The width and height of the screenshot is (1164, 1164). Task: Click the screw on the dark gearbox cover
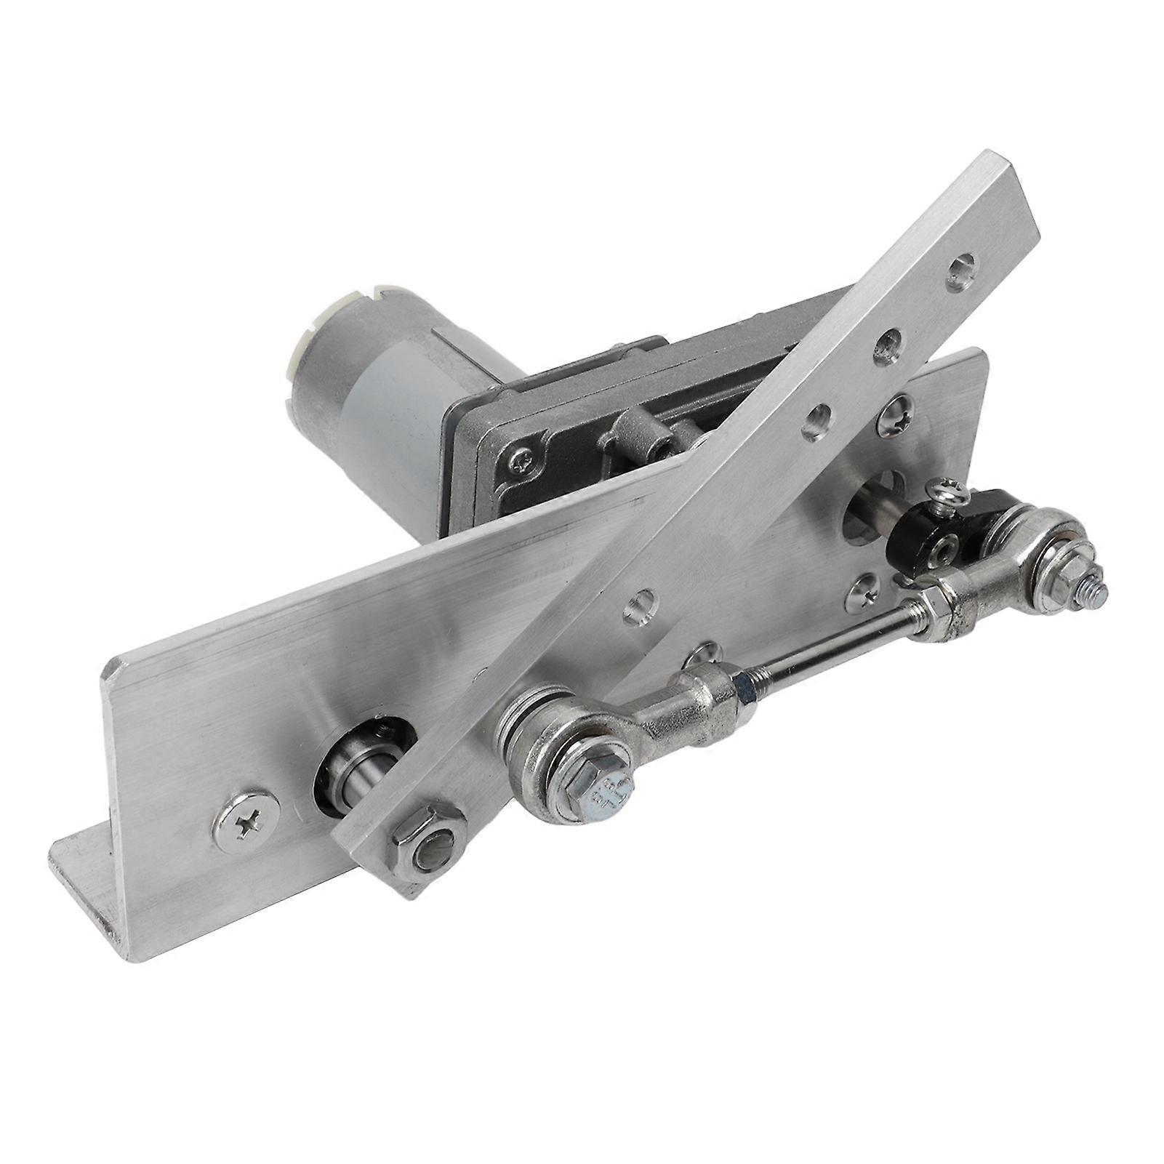pos(523,459)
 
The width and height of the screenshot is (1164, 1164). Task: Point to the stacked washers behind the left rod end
pos(531,713)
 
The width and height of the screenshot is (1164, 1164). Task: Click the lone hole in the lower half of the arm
pos(640,603)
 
